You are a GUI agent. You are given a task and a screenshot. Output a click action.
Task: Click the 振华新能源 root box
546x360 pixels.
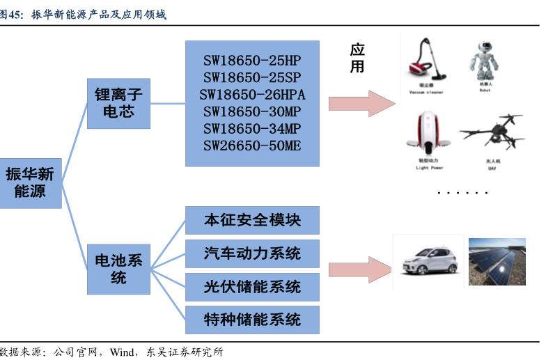point(30,182)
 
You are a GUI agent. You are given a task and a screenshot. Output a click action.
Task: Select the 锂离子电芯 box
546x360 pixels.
point(118,102)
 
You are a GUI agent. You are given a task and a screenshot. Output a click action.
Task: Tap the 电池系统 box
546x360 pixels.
point(118,269)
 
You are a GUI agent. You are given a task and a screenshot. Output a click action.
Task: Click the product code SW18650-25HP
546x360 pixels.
point(252,60)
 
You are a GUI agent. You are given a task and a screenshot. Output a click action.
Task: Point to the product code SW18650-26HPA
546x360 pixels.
point(252,94)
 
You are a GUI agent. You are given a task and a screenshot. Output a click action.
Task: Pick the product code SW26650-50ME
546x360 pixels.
point(252,146)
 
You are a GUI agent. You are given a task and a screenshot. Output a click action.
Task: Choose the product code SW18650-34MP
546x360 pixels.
point(252,129)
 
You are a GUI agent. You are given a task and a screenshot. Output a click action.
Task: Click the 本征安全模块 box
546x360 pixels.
point(252,220)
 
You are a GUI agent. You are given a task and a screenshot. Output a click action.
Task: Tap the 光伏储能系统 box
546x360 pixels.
point(252,286)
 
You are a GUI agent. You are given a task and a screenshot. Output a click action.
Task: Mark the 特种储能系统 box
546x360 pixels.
point(252,320)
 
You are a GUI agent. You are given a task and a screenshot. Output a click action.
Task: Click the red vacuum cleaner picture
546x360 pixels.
point(426,63)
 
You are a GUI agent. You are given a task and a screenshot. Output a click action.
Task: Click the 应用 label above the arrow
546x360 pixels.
point(357,58)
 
